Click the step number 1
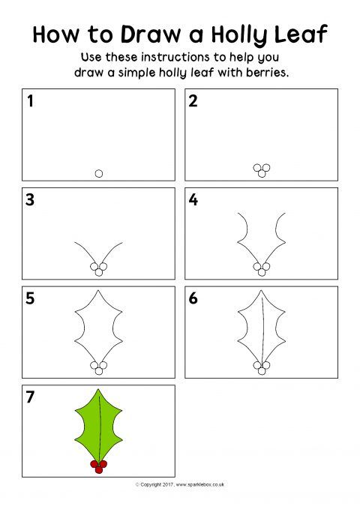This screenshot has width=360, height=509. (x=31, y=102)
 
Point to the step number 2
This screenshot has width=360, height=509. (x=193, y=102)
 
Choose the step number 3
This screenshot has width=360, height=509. (x=31, y=200)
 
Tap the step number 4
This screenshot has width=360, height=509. (x=193, y=200)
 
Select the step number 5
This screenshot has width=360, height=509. (x=31, y=298)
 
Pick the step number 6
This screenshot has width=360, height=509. (x=193, y=298)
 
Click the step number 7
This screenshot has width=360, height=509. (x=31, y=397)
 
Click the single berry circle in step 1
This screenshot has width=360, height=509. (x=99, y=173)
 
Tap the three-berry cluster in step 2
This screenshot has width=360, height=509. (x=261, y=170)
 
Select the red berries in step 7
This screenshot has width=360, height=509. (x=99, y=466)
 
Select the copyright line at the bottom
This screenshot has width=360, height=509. (x=180, y=485)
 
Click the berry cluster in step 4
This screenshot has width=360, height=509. (x=261, y=268)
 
